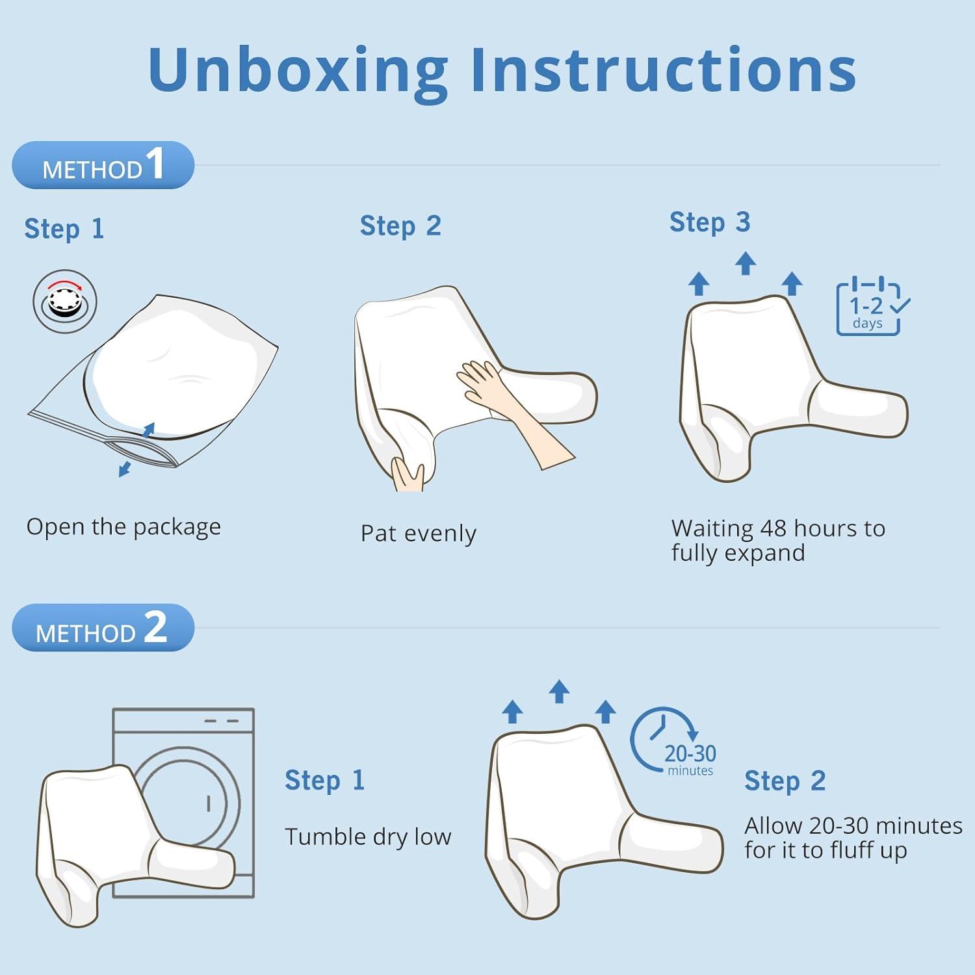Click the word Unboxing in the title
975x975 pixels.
pos(298,71)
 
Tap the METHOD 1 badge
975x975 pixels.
pos(103,165)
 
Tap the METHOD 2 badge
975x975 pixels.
pos(103,627)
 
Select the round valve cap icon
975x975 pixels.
pos(65,302)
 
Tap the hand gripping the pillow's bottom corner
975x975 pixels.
pos(408,474)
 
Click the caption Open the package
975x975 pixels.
pos(123,527)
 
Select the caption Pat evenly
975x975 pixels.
pos(419,534)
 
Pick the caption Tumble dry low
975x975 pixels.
pos(368,837)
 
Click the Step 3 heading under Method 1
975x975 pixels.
pos(710,222)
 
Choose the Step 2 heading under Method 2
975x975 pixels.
pos(785,781)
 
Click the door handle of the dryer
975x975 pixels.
pos(209,803)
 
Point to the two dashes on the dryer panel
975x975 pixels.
pos(222,721)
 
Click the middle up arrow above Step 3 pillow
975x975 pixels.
pos(746,263)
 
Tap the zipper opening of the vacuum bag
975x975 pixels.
pos(140,451)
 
